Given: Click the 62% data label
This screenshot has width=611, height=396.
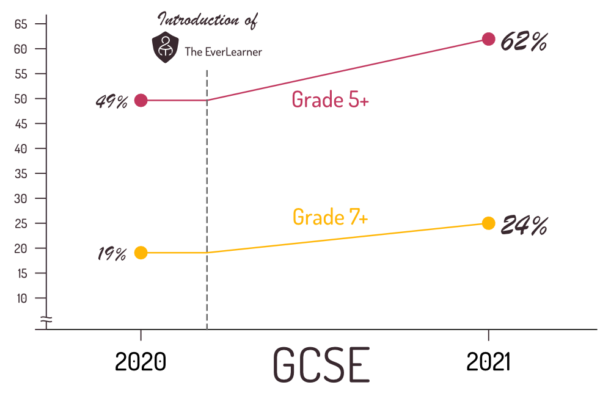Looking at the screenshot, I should tap(524, 42).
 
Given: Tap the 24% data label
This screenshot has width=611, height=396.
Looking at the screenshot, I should tap(524, 226).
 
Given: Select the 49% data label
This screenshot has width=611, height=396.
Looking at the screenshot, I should tap(111, 102).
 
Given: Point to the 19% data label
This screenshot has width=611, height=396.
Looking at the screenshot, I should tap(112, 254).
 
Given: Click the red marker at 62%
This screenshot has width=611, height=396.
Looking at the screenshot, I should tap(488, 39).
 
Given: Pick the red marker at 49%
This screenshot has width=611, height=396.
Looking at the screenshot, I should tap(141, 101).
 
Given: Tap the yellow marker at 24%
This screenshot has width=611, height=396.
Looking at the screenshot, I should tap(488, 223).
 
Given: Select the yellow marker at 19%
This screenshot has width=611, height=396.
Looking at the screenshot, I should tap(141, 253).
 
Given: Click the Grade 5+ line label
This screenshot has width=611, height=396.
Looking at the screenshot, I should tap(330, 99).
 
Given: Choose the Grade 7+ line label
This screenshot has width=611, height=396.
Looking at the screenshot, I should tap(330, 217).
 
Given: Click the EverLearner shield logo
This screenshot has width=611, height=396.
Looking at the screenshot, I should tap(164, 48).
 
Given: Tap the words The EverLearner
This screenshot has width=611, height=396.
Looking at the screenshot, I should tap(223, 52).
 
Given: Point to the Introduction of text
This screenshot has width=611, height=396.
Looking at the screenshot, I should tap(208, 20).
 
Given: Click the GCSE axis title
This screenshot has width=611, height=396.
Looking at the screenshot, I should tap(321, 365).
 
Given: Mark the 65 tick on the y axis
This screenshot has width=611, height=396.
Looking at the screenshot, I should tap(22, 24).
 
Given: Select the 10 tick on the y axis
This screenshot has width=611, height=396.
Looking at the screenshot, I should tap(22, 298).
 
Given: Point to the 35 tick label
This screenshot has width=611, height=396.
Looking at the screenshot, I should tap(22, 174).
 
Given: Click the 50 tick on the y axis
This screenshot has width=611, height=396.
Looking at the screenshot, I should tap(22, 99).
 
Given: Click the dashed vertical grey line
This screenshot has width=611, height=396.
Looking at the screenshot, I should tap(207, 201).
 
